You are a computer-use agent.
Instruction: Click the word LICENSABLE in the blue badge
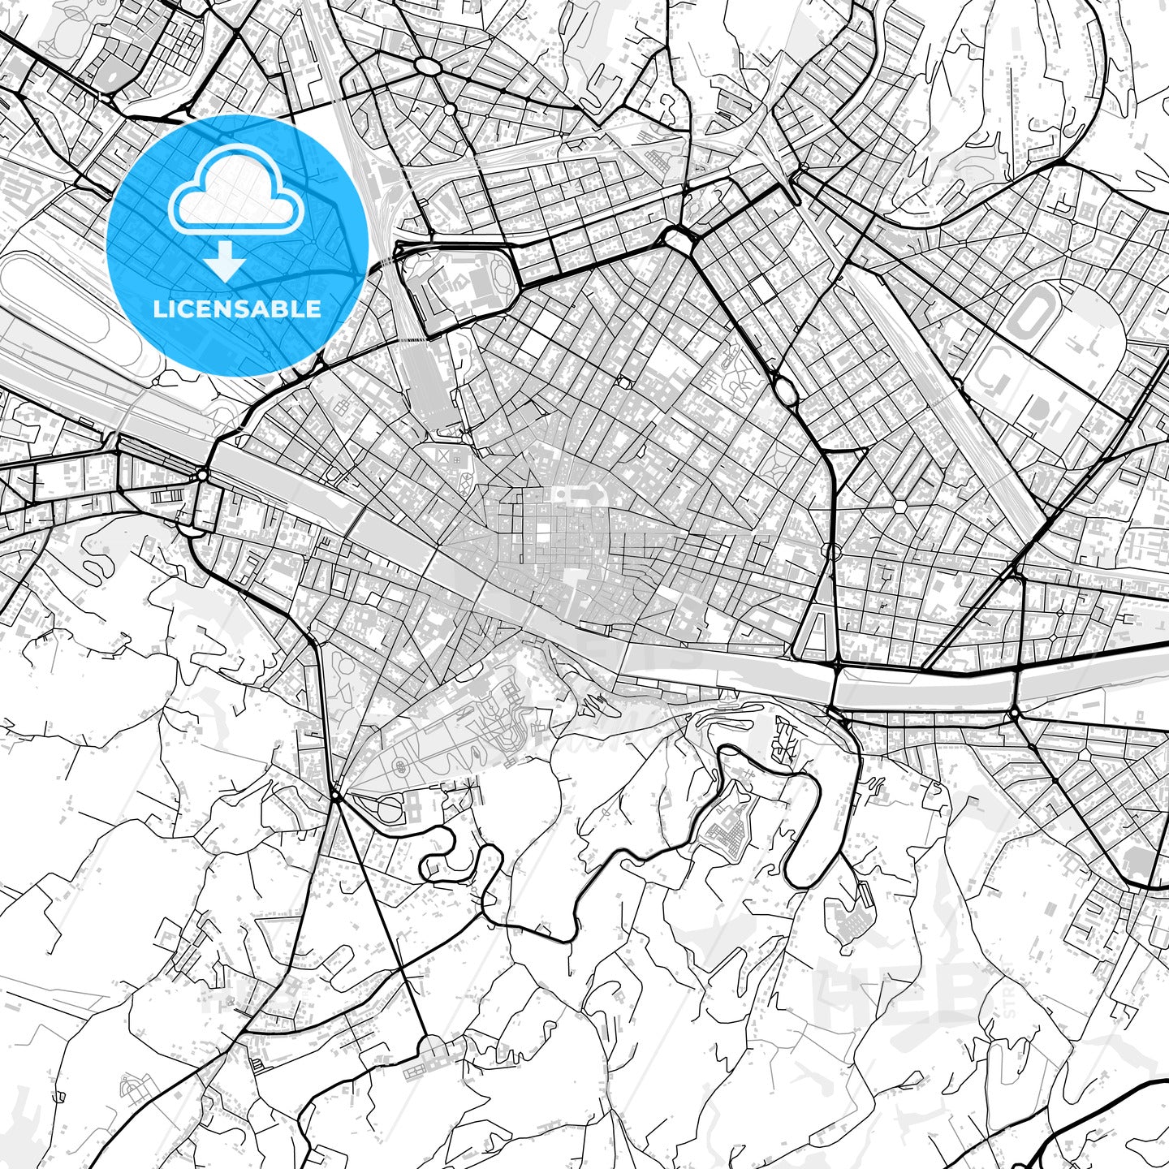click(237, 309)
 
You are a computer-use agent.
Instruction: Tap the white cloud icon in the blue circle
click(236, 195)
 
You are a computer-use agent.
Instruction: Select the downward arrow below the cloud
click(226, 261)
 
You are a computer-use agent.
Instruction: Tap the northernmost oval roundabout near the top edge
click(427, 66)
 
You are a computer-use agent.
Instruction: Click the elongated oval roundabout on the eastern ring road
click(786, 390)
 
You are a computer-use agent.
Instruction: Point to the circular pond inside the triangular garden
click(399, 766)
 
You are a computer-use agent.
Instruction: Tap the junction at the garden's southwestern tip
click(335, 796)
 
